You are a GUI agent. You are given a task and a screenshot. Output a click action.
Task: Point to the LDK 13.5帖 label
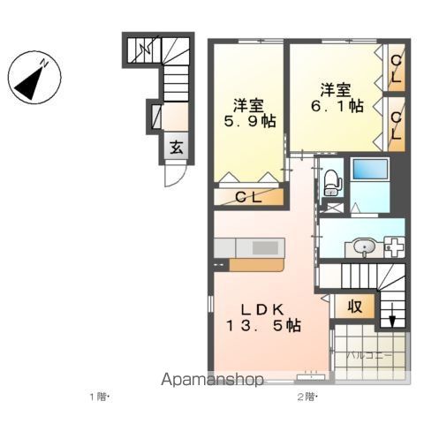pyautogui.click(x=263, y=317)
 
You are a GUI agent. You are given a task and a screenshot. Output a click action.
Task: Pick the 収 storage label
pyautogui.click(x=353, y=308)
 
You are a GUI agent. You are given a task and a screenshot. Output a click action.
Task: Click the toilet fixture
pyautogui.click(x=331, y=181)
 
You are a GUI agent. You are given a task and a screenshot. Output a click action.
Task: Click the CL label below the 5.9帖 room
pyautogui.click(x=247, y=198)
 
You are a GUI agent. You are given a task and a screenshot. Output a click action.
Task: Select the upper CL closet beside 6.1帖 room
pyautogui.click(x=397, y=69)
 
